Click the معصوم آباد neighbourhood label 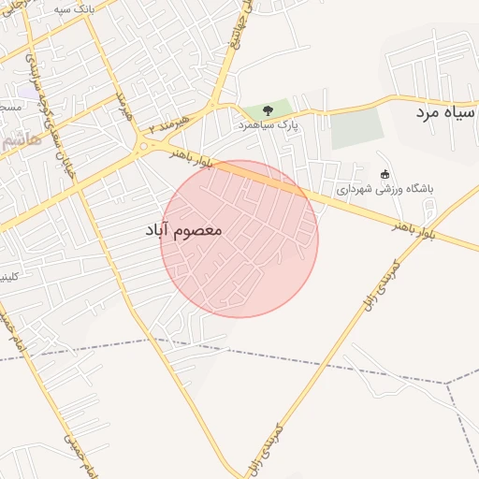click(184, 229)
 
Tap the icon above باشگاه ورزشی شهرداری click(385, 174)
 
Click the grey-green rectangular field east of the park click(358, 128)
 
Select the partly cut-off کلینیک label click(8, 277)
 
